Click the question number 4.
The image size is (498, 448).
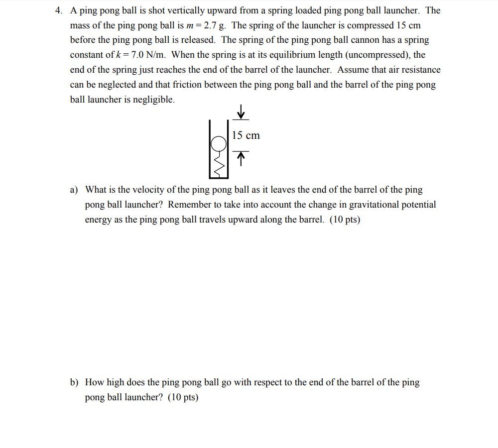tap(58, 10)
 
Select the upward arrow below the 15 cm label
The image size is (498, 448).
tap(241, 159)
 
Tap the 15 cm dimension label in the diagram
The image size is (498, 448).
tap(246, 135)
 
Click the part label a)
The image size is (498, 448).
tap(74, 190)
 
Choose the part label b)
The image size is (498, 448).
tap(75, 383)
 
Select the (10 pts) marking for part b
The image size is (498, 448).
tap(183, 398)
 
